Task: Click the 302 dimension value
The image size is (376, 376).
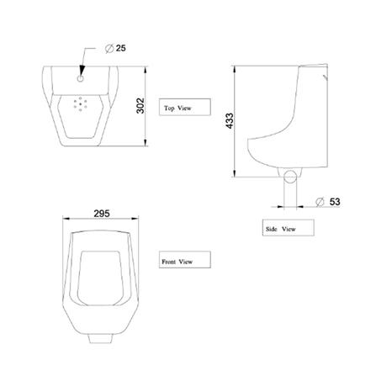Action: click(x=140, y=106)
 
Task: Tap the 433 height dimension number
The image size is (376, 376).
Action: click(x=230, y=121)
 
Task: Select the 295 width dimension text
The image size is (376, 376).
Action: click(x=102, y=214)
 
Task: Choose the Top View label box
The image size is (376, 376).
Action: click(x=185, y=107)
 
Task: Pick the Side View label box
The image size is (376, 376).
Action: click(x=289, y=228)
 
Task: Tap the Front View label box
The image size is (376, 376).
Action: click(x=185, y=260)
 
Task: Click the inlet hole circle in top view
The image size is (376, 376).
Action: click(x=81, y=78)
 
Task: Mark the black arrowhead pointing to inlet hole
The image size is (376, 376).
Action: click(x=82, y=70)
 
